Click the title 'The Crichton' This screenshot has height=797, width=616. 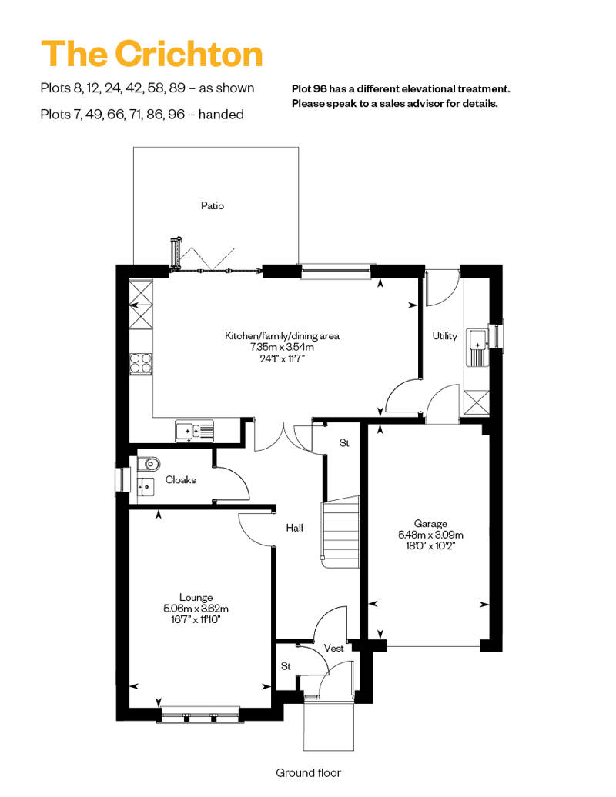[152, 55]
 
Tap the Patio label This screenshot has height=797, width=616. [213, 206]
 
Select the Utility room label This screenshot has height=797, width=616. [444, 336]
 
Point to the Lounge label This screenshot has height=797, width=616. [196, 598]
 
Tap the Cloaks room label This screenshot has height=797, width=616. [181, 480]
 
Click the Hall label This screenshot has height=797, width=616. [294, 529]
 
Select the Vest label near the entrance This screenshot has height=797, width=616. [333, 649]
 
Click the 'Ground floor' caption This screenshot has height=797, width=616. [308, 772]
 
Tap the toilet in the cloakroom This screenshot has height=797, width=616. [150, 464]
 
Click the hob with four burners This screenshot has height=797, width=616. [141, 362]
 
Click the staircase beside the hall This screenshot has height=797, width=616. [340, 531]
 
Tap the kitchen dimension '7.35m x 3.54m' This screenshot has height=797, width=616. [282, 347]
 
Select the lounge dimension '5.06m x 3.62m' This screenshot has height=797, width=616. [196, 609]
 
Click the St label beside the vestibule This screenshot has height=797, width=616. [286, 665]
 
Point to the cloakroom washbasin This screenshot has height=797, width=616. [145, 486]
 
